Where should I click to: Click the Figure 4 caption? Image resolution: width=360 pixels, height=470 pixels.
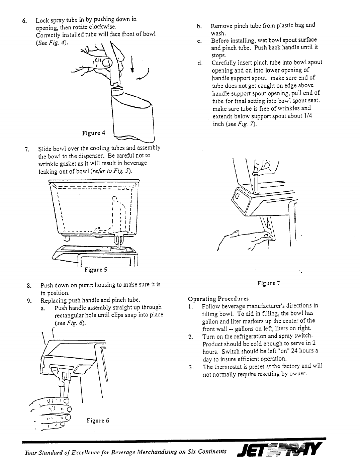93,133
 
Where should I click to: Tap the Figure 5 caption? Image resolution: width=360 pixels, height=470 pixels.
96,270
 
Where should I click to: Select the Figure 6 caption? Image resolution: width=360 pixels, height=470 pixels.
98,420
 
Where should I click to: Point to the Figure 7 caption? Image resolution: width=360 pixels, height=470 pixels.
269,283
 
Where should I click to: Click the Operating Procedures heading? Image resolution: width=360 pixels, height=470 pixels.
218,299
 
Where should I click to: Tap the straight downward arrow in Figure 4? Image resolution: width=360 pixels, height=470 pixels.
132,64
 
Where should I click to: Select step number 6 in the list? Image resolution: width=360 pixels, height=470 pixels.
24,21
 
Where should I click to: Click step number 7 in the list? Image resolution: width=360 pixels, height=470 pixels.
27,150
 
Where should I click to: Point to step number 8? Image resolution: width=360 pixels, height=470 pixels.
29,286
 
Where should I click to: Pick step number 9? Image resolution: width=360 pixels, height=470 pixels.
29,301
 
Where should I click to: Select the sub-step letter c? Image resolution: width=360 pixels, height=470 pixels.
199,41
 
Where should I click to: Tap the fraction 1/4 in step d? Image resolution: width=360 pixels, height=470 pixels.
308,116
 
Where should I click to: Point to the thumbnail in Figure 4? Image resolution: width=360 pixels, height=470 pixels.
107,63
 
